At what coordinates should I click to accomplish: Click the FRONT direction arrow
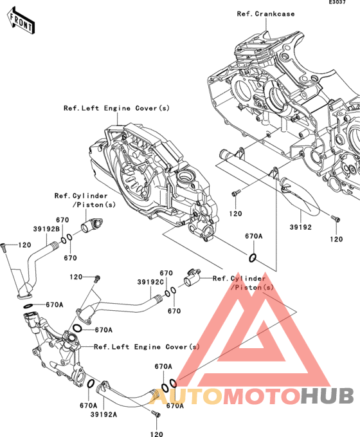pyautogui.click(x=21, y=21)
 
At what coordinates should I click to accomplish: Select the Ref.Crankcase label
pyautogui.click(x=265, y=14)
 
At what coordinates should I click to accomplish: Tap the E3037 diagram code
pyautogui.click(x=337, y=2)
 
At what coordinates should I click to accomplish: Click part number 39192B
pyautogui.click(x=46, y=229)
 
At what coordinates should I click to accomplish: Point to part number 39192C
pyautogui.click(x=150, y=282)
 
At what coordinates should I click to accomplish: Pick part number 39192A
pyautogui.click(x=104, y=414)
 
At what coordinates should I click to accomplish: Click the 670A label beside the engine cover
pyautogui.click(x=254, y=236)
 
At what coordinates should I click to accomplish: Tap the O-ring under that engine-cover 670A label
pyautogui.click(x=252, y=258)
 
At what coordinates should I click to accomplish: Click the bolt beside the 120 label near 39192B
pyautogui.click(x=4, y=248)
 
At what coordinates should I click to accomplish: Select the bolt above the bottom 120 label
pyautogui.click(x=156, y=414)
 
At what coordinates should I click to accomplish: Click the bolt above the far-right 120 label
pyautogui.click(x=336, y=219)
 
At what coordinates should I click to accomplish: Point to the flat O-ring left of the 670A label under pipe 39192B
pyautogui.click(x=28, y=306)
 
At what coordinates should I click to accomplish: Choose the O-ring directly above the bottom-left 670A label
pyautogui.click(x=91, y=384)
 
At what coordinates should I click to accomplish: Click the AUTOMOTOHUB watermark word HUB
pyautogui.click(x=327, y=396)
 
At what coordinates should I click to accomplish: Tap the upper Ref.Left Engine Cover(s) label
pyautogui.click(x=116, y=108)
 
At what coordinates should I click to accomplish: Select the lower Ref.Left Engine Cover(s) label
pyautogui.click(x=147, y=347)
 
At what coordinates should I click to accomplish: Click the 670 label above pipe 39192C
pyautogui.click(x=166, y=273)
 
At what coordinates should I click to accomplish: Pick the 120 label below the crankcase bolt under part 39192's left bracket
pyautogui.click(x=235, y=214)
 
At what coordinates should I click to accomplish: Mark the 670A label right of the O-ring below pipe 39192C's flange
pyautogui.click(x=104, y=330)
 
